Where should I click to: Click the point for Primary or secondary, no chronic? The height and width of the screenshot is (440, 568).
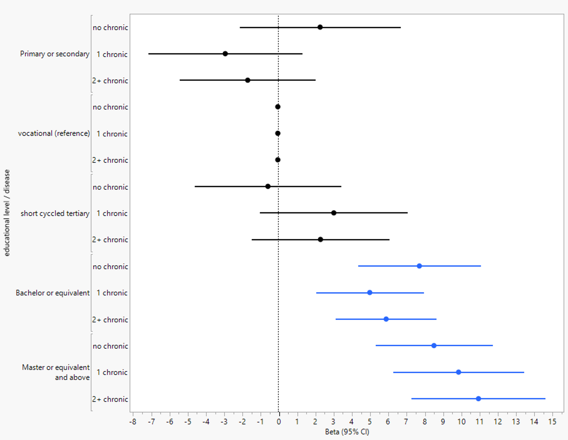coord(320,27)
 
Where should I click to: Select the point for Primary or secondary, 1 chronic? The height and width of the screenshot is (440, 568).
coord(225,54)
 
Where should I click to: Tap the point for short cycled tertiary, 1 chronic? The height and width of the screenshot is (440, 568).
coord(334,213)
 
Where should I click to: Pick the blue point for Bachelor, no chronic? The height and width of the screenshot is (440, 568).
coord(419,266)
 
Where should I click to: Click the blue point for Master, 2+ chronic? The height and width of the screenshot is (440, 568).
coord(478,399)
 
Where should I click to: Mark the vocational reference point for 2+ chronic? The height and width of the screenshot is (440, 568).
coord(278,160)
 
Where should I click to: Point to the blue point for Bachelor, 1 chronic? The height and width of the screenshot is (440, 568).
coord(370,293)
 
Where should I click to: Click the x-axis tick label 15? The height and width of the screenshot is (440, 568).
coord(552,422)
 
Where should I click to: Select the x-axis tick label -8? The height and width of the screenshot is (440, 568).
coord(133,422)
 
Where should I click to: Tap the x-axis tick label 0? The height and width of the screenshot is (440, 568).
coord(278,422)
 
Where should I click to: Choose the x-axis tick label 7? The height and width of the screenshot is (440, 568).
coord(406,422)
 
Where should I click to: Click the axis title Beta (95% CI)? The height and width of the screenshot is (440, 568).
coord(347,432)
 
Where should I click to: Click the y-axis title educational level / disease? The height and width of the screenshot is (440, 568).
coord(7,213)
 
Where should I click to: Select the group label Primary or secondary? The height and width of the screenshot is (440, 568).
coord(55,54)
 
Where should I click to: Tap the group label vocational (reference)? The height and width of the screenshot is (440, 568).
coord(54,133)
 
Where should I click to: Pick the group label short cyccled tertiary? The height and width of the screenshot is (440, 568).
coord(55,213)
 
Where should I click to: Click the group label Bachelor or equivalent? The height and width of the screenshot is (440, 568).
coord(52,293)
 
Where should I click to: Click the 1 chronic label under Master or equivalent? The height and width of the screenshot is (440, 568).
coord(112,372)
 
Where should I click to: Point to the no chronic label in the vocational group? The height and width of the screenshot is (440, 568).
coord(110,107)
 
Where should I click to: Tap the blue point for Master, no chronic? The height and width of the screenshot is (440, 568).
coord(434,346)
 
